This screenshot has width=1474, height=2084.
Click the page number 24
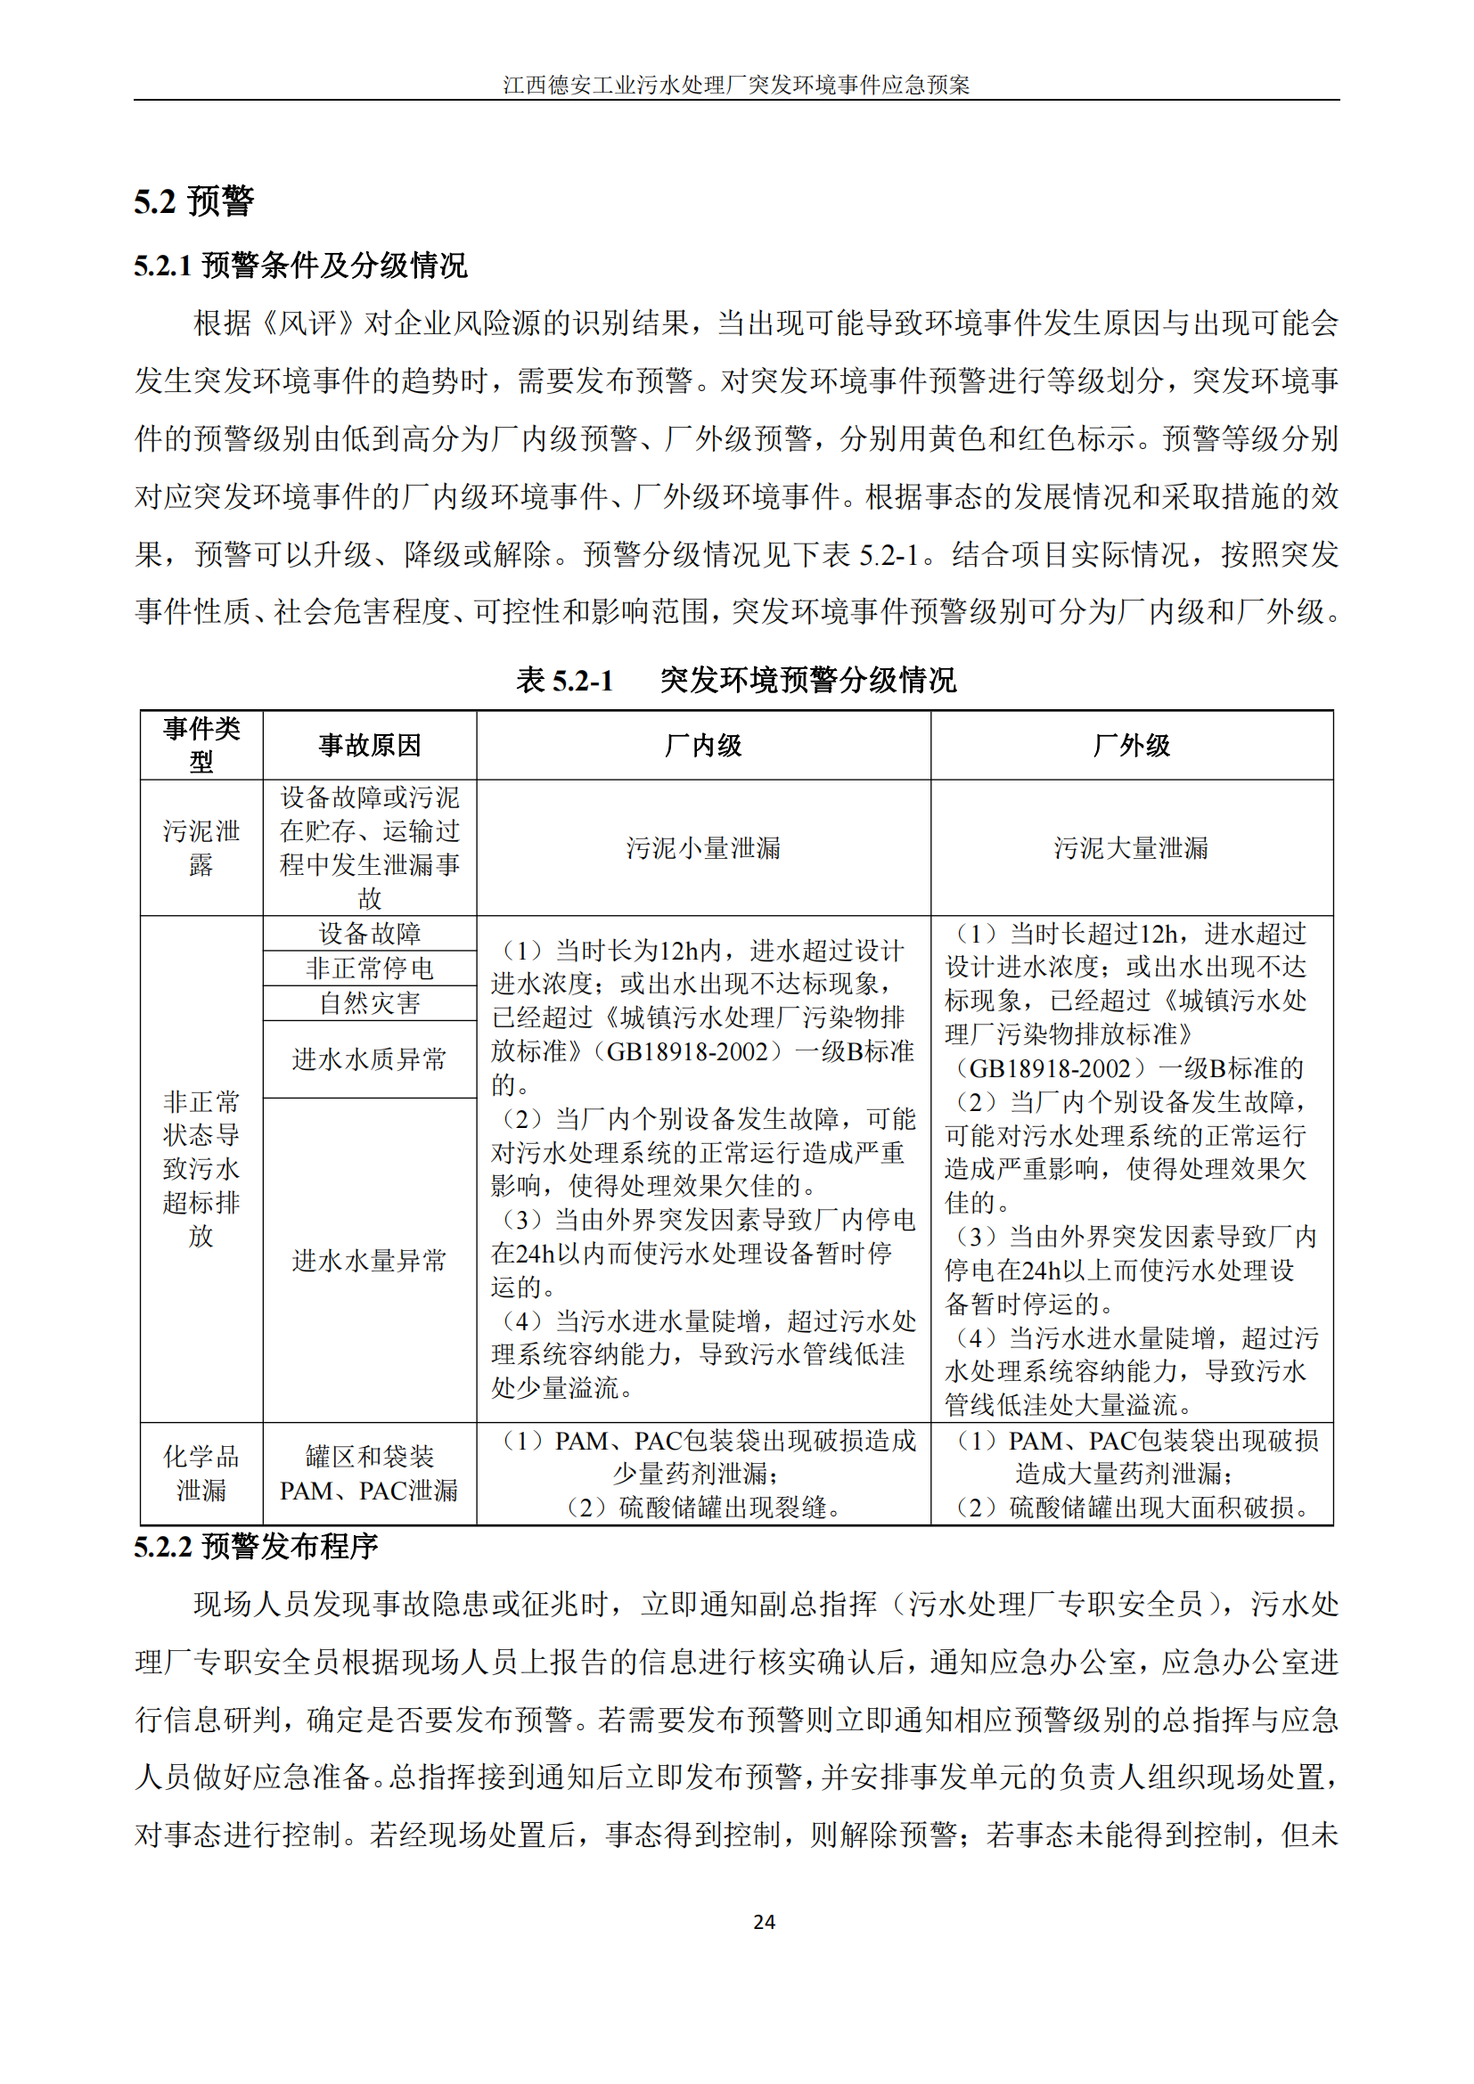pos(764,1921)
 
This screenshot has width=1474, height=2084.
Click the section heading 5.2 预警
pos(193,200)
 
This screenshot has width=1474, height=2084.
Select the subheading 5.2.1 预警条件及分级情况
pos(299,265)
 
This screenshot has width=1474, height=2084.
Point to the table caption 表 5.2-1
pos(564,680)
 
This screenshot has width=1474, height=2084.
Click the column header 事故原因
pos(370,745)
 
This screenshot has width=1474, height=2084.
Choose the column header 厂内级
pos(702,745)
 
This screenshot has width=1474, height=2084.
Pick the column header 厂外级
pos(1131,745)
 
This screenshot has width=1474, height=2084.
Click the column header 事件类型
pos(201,744)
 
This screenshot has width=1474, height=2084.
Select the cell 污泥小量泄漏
pos(702,847)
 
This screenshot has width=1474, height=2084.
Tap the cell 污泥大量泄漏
pos(1131,847)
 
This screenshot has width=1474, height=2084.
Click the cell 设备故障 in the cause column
pos(370,933)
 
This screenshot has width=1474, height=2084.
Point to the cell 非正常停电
pos(370,968)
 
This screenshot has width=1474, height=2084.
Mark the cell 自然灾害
pos(370,1003)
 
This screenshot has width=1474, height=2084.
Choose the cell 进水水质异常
pos(370,1058)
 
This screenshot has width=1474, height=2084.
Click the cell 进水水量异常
pos(370,1260)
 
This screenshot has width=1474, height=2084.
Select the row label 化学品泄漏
pos(201,1473)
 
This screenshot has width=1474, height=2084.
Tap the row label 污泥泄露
pos(201,847)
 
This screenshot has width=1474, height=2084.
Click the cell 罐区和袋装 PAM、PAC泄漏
pos(370,1473)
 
